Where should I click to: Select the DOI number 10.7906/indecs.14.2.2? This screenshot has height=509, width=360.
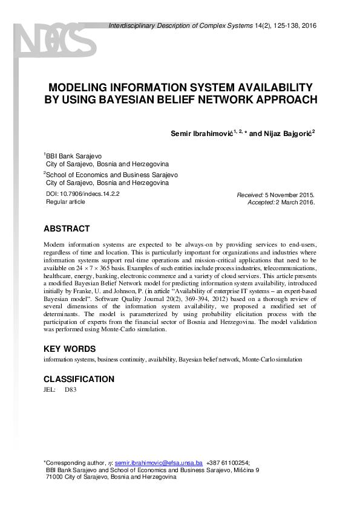coord(90,194)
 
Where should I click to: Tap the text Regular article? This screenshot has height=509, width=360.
coord(65,202)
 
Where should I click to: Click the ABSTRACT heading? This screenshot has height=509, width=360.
coord(67,229)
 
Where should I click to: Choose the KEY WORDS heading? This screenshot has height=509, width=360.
coord(70,349)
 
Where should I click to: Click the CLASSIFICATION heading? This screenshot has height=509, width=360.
coord(79,379)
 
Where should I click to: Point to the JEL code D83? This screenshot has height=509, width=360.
coord(70,390)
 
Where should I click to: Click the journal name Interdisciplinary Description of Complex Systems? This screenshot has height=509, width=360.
coord(175,25)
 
